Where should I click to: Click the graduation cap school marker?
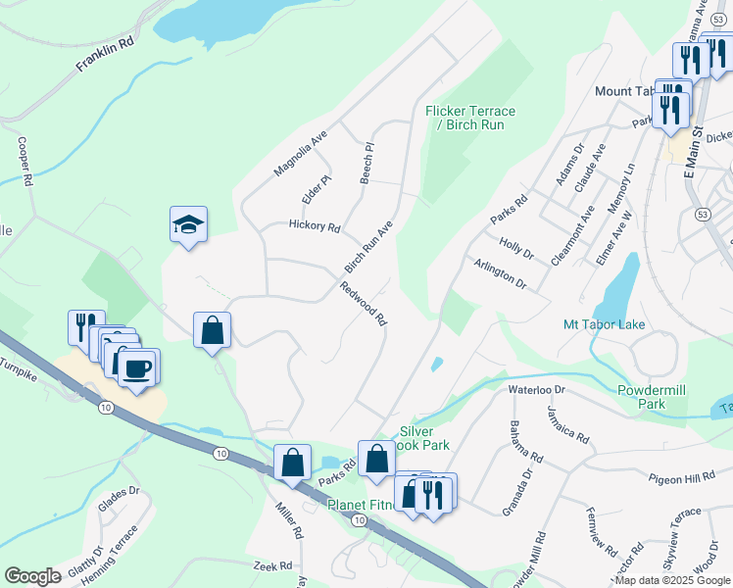(x=188, y=226)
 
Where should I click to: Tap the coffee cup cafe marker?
(x=138, y=367)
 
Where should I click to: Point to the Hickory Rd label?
(x=315, y=225)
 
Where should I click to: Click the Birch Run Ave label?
(x=368, y=246)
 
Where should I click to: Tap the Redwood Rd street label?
(x=365, y=304)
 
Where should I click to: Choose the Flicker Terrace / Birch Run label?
(x=464, y=118)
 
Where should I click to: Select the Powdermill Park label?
(x=642, y=396)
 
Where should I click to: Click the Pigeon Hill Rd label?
(x=682, y=477)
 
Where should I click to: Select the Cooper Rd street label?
(x=25, y=162)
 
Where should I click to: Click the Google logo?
(x=32, y=576)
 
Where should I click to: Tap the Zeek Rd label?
(x=273, y=565)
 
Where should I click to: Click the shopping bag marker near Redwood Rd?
(x=212, y=330)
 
